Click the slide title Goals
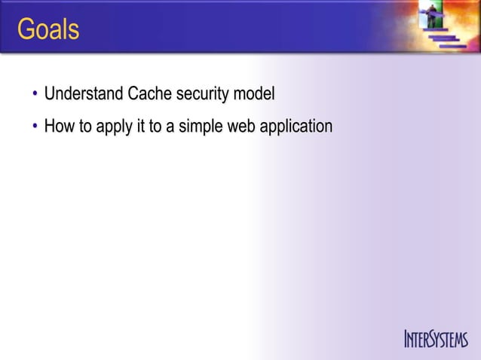pyautogui.click(x=48, y=30)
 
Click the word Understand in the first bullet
pyautogui.click(x=83, y=95)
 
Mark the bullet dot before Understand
pyautogui.click(x=35, y=96)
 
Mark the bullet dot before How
pyautogui.click(x=35, y=127)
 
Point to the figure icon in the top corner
pyautogui.click(x=434, y=19)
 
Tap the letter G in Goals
pyautogui.click(x=26, y=30)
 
